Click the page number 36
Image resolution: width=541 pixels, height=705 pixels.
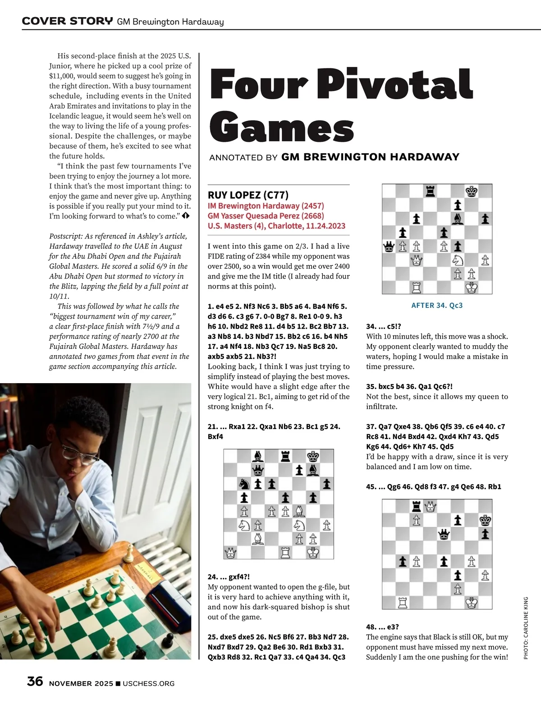pos(35,682)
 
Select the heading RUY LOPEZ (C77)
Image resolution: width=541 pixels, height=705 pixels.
pos(248,195)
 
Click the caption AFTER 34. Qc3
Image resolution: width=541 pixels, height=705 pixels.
pos(437,305)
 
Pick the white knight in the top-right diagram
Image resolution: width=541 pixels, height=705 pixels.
pos(458,260)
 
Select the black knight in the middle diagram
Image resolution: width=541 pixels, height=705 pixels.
pos(244,484)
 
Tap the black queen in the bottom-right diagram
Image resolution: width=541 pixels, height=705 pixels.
pos(444,534)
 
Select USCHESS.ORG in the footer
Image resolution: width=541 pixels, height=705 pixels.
pos(148,684)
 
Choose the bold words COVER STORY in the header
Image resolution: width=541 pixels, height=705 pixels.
pos(67,21)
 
